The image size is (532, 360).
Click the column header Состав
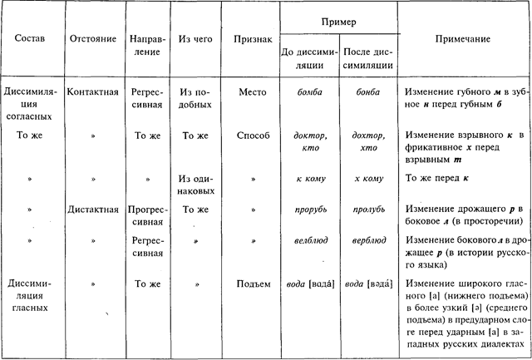point(33,39)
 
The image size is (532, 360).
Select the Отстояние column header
point(89,39)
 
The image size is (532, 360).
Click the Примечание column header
point(462,39)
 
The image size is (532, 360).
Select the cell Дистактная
point(92,209)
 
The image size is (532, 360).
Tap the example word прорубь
point(307,210)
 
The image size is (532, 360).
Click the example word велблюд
point(307,240)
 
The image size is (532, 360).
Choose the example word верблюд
point(367,240)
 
